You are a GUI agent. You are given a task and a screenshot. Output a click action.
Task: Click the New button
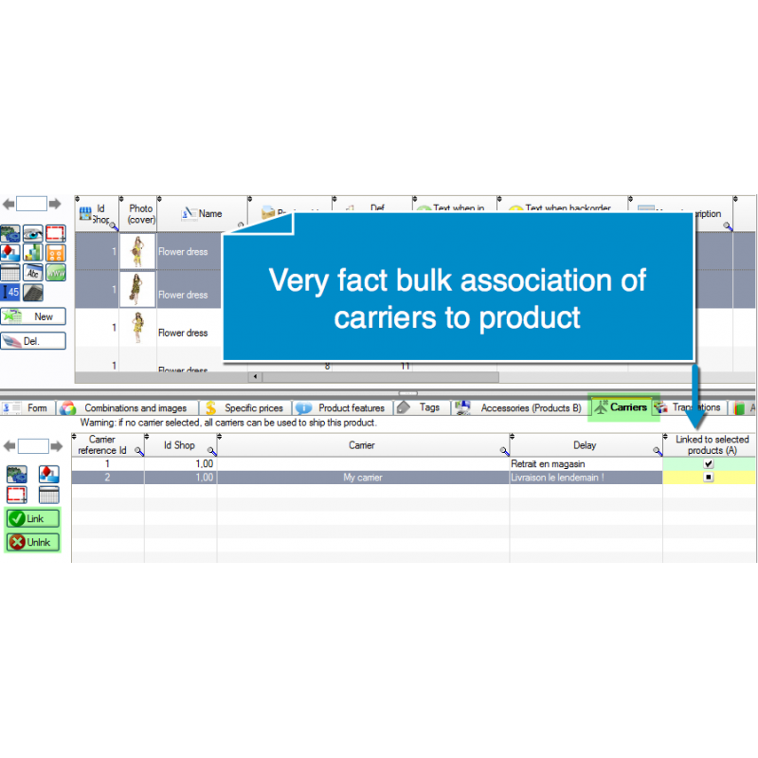[33, 317]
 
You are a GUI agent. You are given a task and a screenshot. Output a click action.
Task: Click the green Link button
[32, 518]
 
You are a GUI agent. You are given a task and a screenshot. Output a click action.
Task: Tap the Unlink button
[32, 542]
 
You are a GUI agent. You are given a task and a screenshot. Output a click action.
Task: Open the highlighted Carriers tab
[621, 407]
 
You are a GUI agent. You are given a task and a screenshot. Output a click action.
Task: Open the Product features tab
[342, 408]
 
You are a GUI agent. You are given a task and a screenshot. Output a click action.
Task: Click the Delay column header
[585, 445]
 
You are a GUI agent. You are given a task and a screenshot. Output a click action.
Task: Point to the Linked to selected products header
[711, 445]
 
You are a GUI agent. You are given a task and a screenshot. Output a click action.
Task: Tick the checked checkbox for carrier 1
[709, 464]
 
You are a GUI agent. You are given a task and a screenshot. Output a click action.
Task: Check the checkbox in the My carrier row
[709, 478]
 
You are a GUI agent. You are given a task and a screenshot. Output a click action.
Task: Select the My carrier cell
[362, 478]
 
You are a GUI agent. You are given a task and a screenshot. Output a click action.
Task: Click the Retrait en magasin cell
[547, 464]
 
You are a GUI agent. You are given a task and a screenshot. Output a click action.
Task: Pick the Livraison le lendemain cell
[556, 478]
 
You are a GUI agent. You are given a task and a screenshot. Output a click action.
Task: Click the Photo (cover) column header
[140, 214]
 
